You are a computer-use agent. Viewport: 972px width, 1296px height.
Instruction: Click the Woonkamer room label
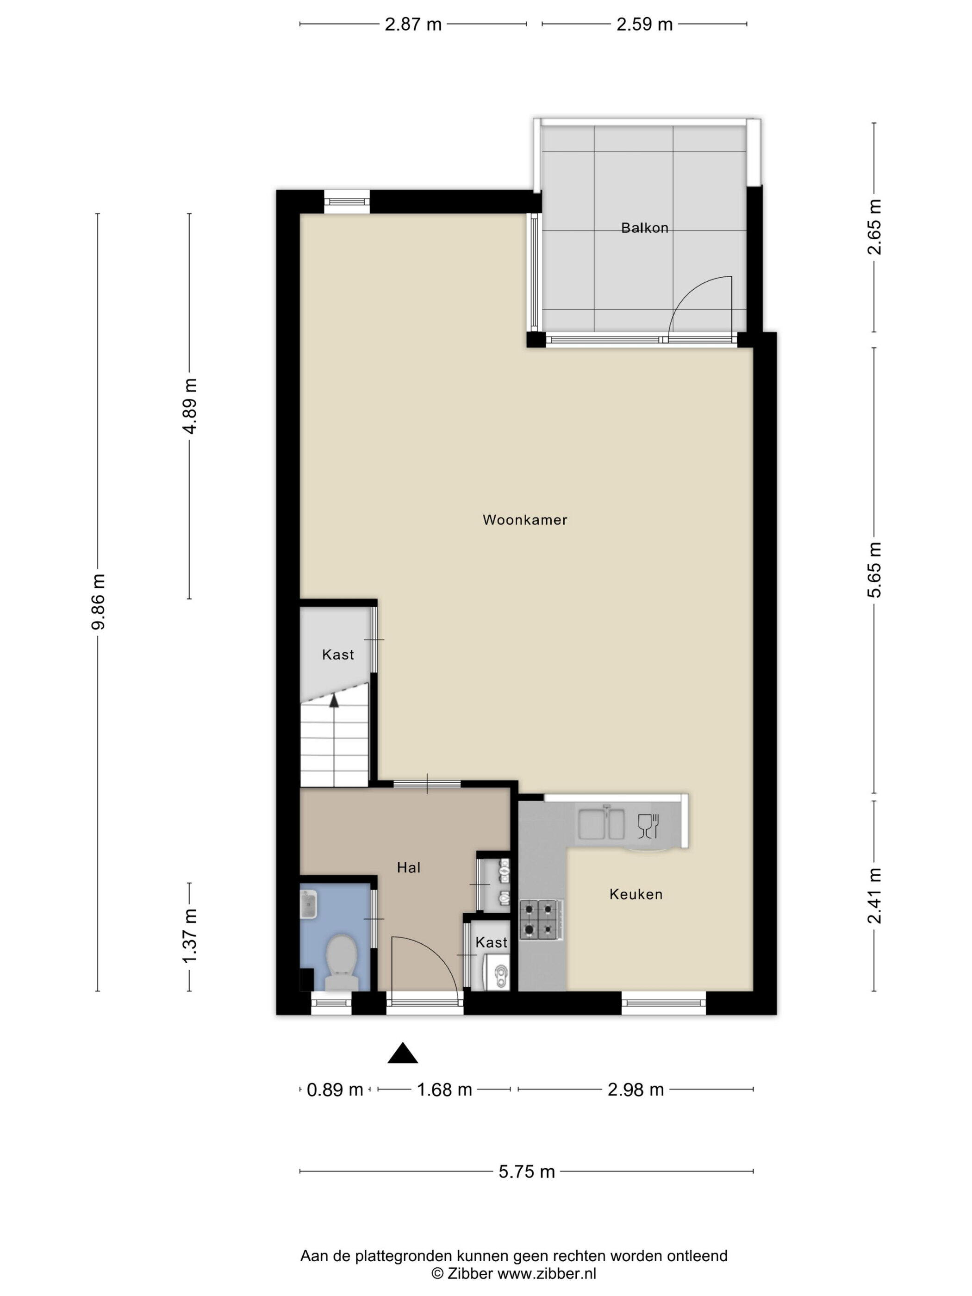[524, 520]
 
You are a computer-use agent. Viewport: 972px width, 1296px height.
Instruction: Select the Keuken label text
[636, 894]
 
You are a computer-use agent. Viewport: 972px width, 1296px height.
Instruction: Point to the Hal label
[408, 868]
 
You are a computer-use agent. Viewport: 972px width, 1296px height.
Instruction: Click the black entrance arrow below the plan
[403, 1053]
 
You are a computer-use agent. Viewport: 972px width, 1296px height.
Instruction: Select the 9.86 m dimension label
[98, 602]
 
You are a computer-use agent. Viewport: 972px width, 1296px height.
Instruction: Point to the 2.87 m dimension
[413, 25]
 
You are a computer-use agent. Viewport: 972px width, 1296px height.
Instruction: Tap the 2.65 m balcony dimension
[874, 227]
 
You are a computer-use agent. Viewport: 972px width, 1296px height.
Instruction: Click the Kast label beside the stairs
[338, 654]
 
